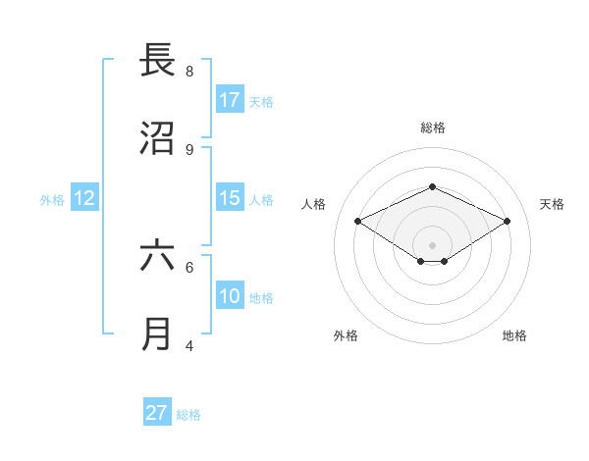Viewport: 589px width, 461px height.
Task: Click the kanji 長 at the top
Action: coord(157,61)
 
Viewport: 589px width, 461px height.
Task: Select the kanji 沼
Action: coord(157,138)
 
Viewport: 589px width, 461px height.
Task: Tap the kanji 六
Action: coord(157,256)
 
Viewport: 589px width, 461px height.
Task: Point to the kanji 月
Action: coord(157,334)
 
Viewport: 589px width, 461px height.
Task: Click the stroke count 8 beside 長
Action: coord(189,72)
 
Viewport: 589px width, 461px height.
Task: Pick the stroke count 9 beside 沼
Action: coord(189,150)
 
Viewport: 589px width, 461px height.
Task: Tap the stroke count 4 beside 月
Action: coord(189,345)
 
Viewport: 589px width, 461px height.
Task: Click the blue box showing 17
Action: coord(230,100)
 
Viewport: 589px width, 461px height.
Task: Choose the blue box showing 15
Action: coord(230,198)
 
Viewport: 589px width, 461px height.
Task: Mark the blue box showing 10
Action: coord(230,296)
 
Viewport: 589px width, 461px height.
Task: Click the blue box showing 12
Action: coord(84,198)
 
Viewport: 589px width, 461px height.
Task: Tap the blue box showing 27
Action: coord(157,413)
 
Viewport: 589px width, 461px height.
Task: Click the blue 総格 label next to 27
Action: coord(188,415)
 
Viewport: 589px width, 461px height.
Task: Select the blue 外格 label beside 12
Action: coord(52,200)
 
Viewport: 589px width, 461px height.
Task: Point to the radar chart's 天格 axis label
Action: coord(552,204)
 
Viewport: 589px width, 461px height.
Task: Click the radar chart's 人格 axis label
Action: coord(314,204)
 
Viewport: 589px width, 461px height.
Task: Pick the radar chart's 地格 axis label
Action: coord(514,335)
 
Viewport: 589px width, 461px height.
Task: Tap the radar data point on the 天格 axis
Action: coord(507,222)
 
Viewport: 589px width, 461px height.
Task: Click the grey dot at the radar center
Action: coord(432,244)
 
